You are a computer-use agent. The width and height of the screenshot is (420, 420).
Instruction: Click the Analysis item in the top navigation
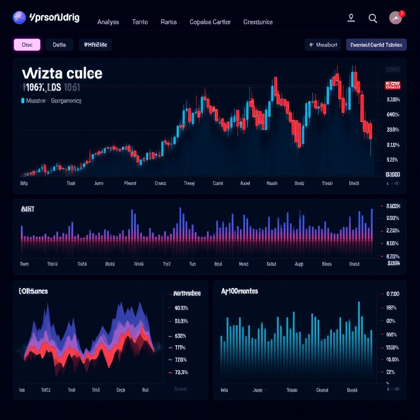(x=108, y=22)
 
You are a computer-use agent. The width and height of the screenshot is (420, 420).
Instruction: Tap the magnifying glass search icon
(x=372, y=18)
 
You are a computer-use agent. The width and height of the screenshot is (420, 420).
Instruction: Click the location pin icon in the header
(x=351, y=18)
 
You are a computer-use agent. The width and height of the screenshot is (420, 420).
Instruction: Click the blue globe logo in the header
(x=19, y=17)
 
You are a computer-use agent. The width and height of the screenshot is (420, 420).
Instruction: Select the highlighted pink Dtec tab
(x=27, y=45)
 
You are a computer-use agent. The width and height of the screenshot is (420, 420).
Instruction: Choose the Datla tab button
(x=59, y=45)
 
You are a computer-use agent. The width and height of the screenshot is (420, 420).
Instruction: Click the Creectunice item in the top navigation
(x=258, y=22)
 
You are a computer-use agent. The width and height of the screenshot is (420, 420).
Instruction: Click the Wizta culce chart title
(x=62, y=73)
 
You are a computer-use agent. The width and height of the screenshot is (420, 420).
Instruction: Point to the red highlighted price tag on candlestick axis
(x=392, y=85)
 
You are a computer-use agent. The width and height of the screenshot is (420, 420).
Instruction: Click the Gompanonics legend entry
(x=66, y=100)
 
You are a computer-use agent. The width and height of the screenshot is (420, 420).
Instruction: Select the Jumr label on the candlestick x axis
(x=98, y=183)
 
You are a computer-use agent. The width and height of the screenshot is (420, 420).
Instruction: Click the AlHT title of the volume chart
(x=27, y=209)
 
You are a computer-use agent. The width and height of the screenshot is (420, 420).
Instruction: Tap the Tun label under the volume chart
(x=192, y=265)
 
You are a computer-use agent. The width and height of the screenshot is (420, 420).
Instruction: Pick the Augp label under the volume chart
(x=299, y=265)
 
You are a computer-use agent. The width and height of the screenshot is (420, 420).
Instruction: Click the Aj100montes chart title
(x=240, y=291)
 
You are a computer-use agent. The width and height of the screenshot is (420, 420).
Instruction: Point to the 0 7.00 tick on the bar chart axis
(x=393, y=294)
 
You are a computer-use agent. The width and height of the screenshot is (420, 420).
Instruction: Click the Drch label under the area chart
(x=121, y=390)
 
